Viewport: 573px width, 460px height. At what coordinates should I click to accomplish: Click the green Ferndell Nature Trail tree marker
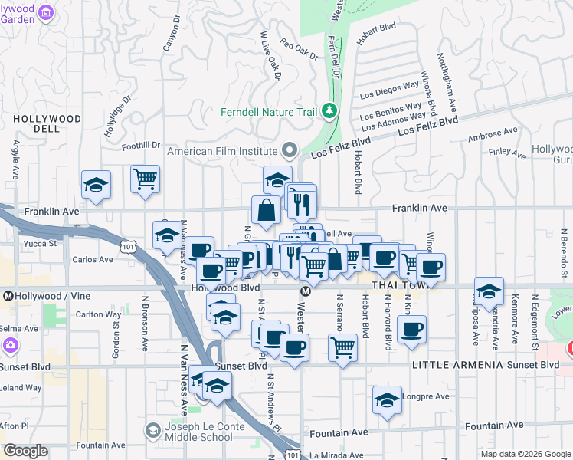tap(330, 112)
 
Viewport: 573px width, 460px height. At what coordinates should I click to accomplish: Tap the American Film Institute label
tap(222, 151)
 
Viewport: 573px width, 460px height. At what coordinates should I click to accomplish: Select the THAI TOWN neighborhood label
tap(398, 286)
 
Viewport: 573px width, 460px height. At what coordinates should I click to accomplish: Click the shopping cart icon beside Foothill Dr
tap(145, 179)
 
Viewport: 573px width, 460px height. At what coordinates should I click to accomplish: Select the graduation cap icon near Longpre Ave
tap(388, 400)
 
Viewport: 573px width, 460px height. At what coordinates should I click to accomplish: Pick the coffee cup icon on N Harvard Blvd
tap(412, 330)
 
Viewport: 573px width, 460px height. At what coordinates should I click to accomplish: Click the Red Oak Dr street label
tap(299, 50)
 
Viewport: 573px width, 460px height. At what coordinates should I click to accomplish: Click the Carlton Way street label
tap(98, 314)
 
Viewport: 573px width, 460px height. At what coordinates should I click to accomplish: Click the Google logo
tap(25, 451)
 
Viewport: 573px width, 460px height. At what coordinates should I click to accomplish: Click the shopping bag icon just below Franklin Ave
tap(265, 210)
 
